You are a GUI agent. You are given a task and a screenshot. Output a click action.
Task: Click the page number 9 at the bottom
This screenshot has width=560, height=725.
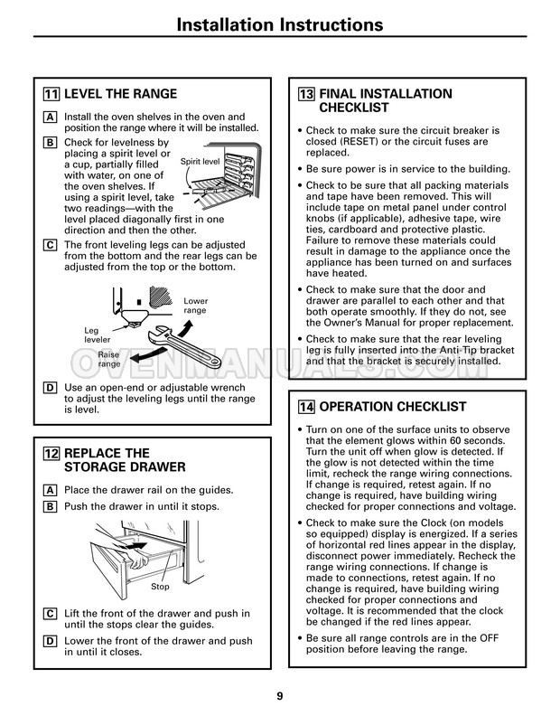point(279,696)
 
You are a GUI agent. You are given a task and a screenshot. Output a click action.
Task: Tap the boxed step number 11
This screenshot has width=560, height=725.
point(51,94)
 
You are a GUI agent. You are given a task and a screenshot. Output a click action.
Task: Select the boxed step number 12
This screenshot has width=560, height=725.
point(51,454)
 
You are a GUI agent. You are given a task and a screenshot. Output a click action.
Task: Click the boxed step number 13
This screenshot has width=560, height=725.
point(306,94)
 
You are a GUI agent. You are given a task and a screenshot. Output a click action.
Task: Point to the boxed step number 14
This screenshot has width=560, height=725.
point(306,407)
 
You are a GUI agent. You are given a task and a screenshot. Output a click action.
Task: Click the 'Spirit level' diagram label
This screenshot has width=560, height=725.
point(201,162)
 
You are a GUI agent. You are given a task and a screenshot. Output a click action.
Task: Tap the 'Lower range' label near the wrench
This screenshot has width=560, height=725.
point(195,306)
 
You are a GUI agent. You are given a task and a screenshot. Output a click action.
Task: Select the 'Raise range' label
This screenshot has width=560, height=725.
point(109,359)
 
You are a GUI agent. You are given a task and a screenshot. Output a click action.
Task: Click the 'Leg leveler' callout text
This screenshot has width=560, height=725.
point(97,334)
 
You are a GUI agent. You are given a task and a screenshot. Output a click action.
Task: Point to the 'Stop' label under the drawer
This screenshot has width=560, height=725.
point(161,587)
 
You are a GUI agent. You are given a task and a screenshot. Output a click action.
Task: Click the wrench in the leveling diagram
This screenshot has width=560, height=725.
point(183,347)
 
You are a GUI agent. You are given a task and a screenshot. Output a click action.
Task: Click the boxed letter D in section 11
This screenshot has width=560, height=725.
point(50,388)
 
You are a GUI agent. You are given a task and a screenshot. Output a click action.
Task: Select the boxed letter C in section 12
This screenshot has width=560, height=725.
point(50,614)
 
